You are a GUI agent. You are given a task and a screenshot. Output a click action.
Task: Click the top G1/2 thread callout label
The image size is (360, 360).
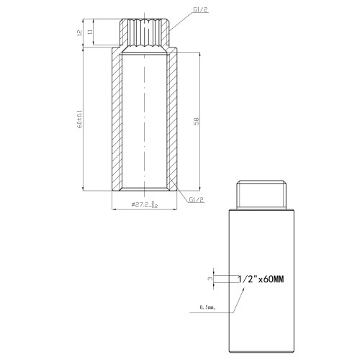pyautogui.click(x=200, y=9)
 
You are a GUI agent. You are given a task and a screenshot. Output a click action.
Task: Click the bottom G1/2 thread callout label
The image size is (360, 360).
pyautogui.click(x=197, y=199)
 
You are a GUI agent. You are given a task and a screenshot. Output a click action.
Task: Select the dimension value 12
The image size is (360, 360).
pyautogui.click(x=80, y=32)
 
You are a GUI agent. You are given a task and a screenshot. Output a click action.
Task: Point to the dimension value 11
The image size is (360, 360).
pyautogui.click(x=90, y=32)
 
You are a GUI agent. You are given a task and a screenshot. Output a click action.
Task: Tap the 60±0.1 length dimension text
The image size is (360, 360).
pyautogui.click(x=80, y=120)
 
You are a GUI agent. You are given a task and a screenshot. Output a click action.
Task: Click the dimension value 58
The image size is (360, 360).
pyautogui.click(x=197, y=122)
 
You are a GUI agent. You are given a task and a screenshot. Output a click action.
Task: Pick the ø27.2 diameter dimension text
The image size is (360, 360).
pyautogui.click(x=145, y=204)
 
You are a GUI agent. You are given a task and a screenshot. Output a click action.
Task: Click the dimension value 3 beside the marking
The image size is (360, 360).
pyautogui.click(x=210, y=279)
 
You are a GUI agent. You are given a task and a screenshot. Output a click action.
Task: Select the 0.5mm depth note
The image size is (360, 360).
pyautogui.click(x=207, y=307)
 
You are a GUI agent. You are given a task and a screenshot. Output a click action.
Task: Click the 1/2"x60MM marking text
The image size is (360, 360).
pyautogui.click(x=261, y=279)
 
